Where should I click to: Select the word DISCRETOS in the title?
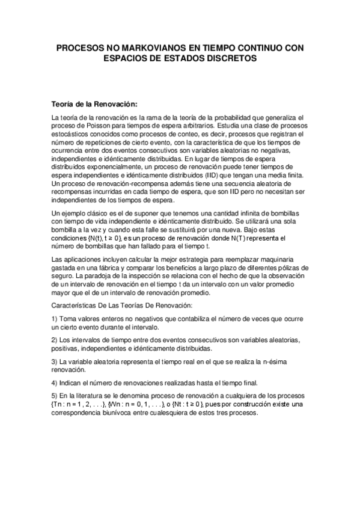(228, 58)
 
